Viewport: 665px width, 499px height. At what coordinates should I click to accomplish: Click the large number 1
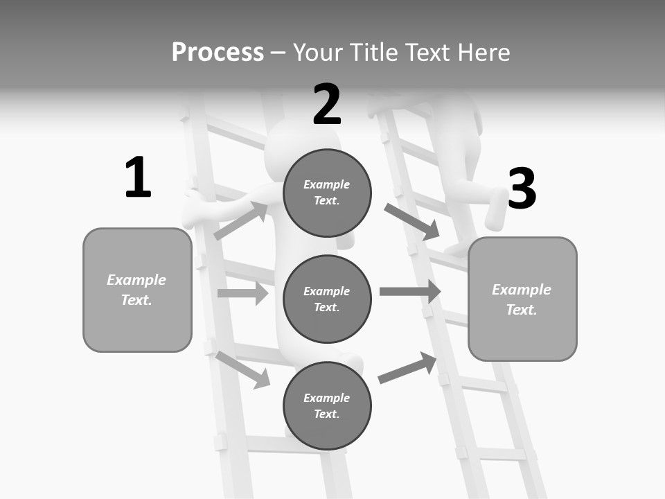click(x=138, y=177)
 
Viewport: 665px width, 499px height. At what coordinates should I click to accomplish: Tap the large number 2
click(x=327, y=105)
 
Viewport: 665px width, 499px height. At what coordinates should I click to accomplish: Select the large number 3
click(x=522, y=189)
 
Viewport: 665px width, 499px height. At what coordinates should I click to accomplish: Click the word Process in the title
click(x=218, y=53)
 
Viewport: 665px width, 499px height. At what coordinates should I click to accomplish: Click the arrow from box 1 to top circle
click(x=241, y=221)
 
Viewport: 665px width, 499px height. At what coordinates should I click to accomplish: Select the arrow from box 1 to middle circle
click(x=242, y=293)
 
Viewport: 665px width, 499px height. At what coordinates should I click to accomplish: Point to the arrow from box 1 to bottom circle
click(x=243, y=369)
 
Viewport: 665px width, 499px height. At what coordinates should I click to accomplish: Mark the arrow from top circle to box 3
click(x=412, y=222)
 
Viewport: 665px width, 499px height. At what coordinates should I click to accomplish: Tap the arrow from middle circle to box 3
click(x=410, y=291)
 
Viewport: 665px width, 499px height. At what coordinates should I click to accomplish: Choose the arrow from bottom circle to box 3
click(x=407, y=368)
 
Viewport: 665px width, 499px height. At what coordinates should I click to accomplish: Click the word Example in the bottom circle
click(x=327, y=398)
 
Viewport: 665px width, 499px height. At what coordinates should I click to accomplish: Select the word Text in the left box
click(x=136, y=300)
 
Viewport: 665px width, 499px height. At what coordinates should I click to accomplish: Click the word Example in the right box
click(x=522, y=290)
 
